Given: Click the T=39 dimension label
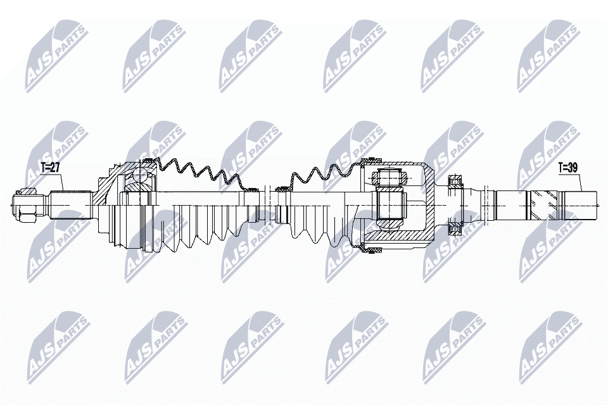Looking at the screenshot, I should [568, 168].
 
